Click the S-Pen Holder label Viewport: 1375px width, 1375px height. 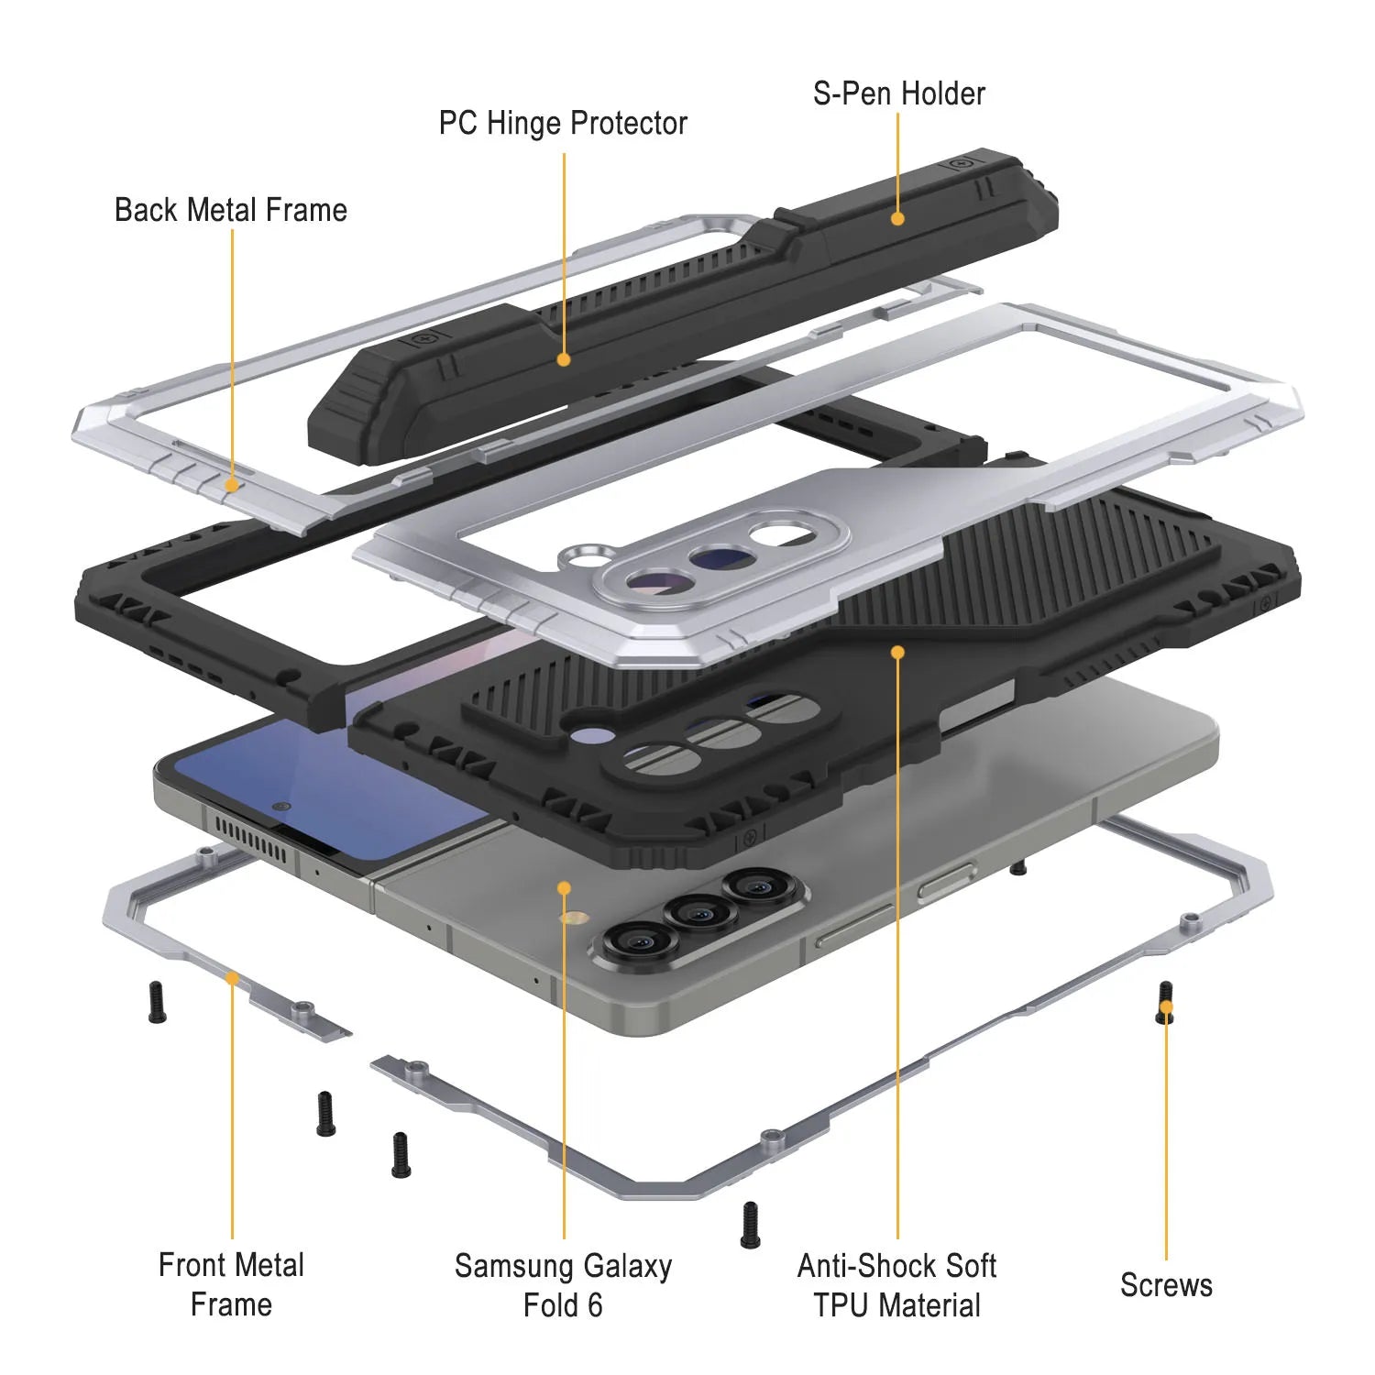[x=898, y=93]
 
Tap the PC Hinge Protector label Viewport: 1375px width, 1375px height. [x=563, y=124]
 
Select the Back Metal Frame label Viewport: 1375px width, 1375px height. [x=231, y=210]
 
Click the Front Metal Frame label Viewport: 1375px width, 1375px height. [x=231, y=1284]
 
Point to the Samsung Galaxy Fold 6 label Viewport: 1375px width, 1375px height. [x=563, y=1285]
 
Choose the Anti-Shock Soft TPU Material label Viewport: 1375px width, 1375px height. [x=896, y=1285]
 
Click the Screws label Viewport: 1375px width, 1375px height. [x=1166, y=1285]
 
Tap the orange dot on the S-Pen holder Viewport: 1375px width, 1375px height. [x=897, y=218]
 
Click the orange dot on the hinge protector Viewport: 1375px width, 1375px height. [x=564, y=359]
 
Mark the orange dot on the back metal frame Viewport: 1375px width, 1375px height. [x=232, y=484]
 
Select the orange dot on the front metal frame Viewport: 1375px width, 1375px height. [x=232, y=978]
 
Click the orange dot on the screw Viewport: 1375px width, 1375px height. [x=1166, y=1007]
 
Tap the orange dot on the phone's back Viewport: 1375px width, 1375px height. [x=564, y=887]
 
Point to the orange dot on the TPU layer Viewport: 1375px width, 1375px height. [x=897, y=652]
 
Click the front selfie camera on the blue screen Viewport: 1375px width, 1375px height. [x=281, y=807]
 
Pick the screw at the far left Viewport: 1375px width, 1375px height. [x=157, y=1002]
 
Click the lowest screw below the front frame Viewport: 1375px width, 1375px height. [x=750, y=1225]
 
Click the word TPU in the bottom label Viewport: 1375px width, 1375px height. [x=845, y=1305]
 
